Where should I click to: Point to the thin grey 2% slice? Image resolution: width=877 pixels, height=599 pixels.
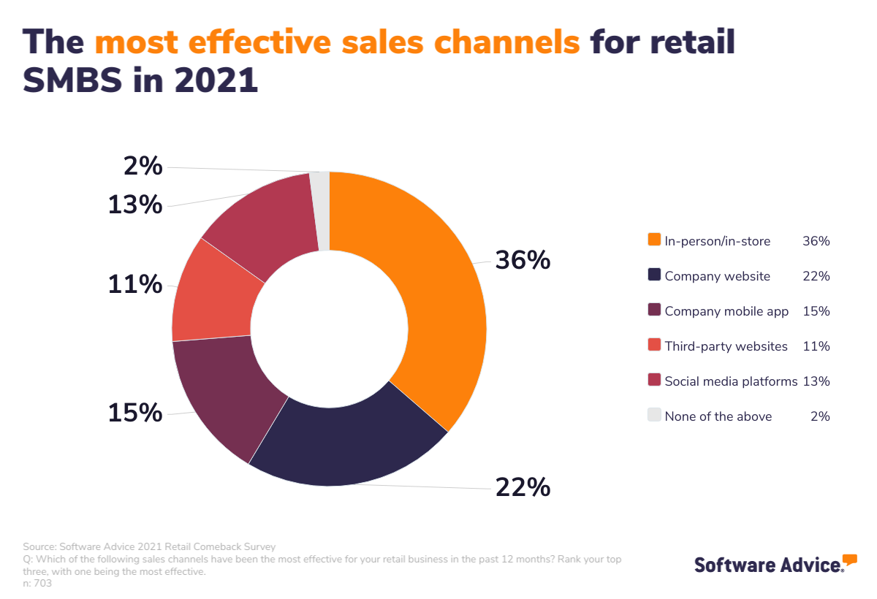click(x=320, y=210)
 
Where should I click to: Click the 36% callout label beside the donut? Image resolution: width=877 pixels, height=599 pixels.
click(x=523, y=260)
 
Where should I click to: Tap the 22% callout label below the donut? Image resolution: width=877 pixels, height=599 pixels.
click(x=523, y=487)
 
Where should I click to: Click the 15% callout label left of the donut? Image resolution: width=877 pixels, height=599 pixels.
click(x=135, y=413)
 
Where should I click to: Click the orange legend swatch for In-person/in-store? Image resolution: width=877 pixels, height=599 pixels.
click(x=654, y=240)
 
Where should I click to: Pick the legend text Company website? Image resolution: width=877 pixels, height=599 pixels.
click(x=717, y=276)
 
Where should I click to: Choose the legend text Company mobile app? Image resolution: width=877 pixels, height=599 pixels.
click(x=726, y=311)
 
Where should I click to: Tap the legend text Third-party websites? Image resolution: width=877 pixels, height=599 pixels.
click(x=726, y=346)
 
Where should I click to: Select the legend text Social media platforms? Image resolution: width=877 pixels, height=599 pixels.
click(x=731, y=381)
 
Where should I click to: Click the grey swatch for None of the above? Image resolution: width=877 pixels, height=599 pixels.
click(x=654, y=416)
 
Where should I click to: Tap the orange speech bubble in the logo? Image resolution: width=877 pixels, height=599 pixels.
click(x=849, y=560)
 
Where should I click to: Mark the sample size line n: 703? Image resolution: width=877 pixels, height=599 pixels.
click(x=37, y=584)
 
